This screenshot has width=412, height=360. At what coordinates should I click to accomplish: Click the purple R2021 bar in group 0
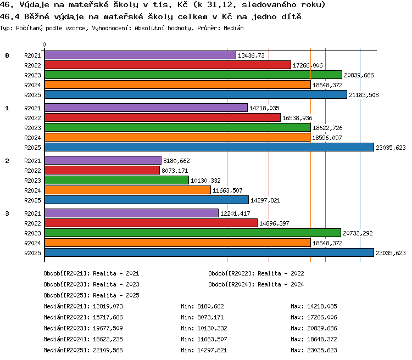tap(140, 55)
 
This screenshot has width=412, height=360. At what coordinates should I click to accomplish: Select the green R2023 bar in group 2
tap(116, 180)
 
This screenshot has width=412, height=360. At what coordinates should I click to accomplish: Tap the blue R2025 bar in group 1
tap(209, 147)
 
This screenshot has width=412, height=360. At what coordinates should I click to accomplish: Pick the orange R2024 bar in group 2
tap(127, 190)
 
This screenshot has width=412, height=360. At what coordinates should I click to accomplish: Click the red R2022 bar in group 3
tap(151, 223)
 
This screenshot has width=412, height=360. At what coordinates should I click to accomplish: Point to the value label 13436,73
tap(251, 55)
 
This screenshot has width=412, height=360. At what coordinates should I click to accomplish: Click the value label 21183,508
tap(364, 95)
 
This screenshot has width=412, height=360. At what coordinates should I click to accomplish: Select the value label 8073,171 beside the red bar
tap(175, 171)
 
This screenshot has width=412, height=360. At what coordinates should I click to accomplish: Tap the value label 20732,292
tap(358, 233)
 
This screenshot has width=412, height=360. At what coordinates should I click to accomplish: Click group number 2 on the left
tap(7, 161)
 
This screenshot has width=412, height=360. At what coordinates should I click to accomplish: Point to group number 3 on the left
tap(7, 213)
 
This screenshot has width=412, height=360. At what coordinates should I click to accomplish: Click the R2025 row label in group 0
tap(32, 95)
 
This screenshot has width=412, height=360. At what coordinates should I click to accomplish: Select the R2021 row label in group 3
tap(32, 213)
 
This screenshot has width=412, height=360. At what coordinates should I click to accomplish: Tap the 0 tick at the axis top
tap(44, 44)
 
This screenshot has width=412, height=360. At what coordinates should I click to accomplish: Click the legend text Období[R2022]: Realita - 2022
tap(256, 273)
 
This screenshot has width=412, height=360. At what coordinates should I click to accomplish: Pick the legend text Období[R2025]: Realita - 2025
tap(91, 295)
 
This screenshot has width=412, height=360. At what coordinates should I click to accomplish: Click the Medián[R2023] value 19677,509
tap(108, 328)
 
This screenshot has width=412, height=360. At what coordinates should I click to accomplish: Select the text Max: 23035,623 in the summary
tap(314, 350)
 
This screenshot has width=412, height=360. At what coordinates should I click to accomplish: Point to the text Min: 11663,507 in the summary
tap(204, 339)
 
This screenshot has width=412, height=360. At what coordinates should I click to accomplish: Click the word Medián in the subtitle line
tap(233, 28)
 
